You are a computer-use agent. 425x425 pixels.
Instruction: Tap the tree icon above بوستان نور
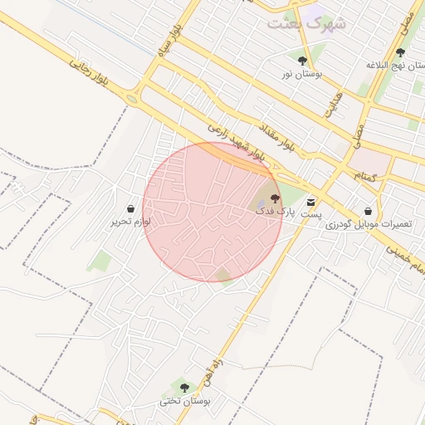302,61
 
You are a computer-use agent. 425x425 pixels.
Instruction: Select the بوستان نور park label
300,75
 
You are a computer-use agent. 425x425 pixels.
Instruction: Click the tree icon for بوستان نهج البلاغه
400,52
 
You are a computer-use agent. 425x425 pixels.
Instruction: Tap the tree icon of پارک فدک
275,198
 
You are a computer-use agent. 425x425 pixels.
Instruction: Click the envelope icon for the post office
311,202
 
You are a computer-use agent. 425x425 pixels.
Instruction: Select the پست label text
310,214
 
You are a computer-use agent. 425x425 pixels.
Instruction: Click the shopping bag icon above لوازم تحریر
131,208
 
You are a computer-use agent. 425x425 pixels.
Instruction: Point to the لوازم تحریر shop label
129,222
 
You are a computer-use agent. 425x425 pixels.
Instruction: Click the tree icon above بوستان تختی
184,388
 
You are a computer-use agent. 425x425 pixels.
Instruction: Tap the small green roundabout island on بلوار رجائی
131,99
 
